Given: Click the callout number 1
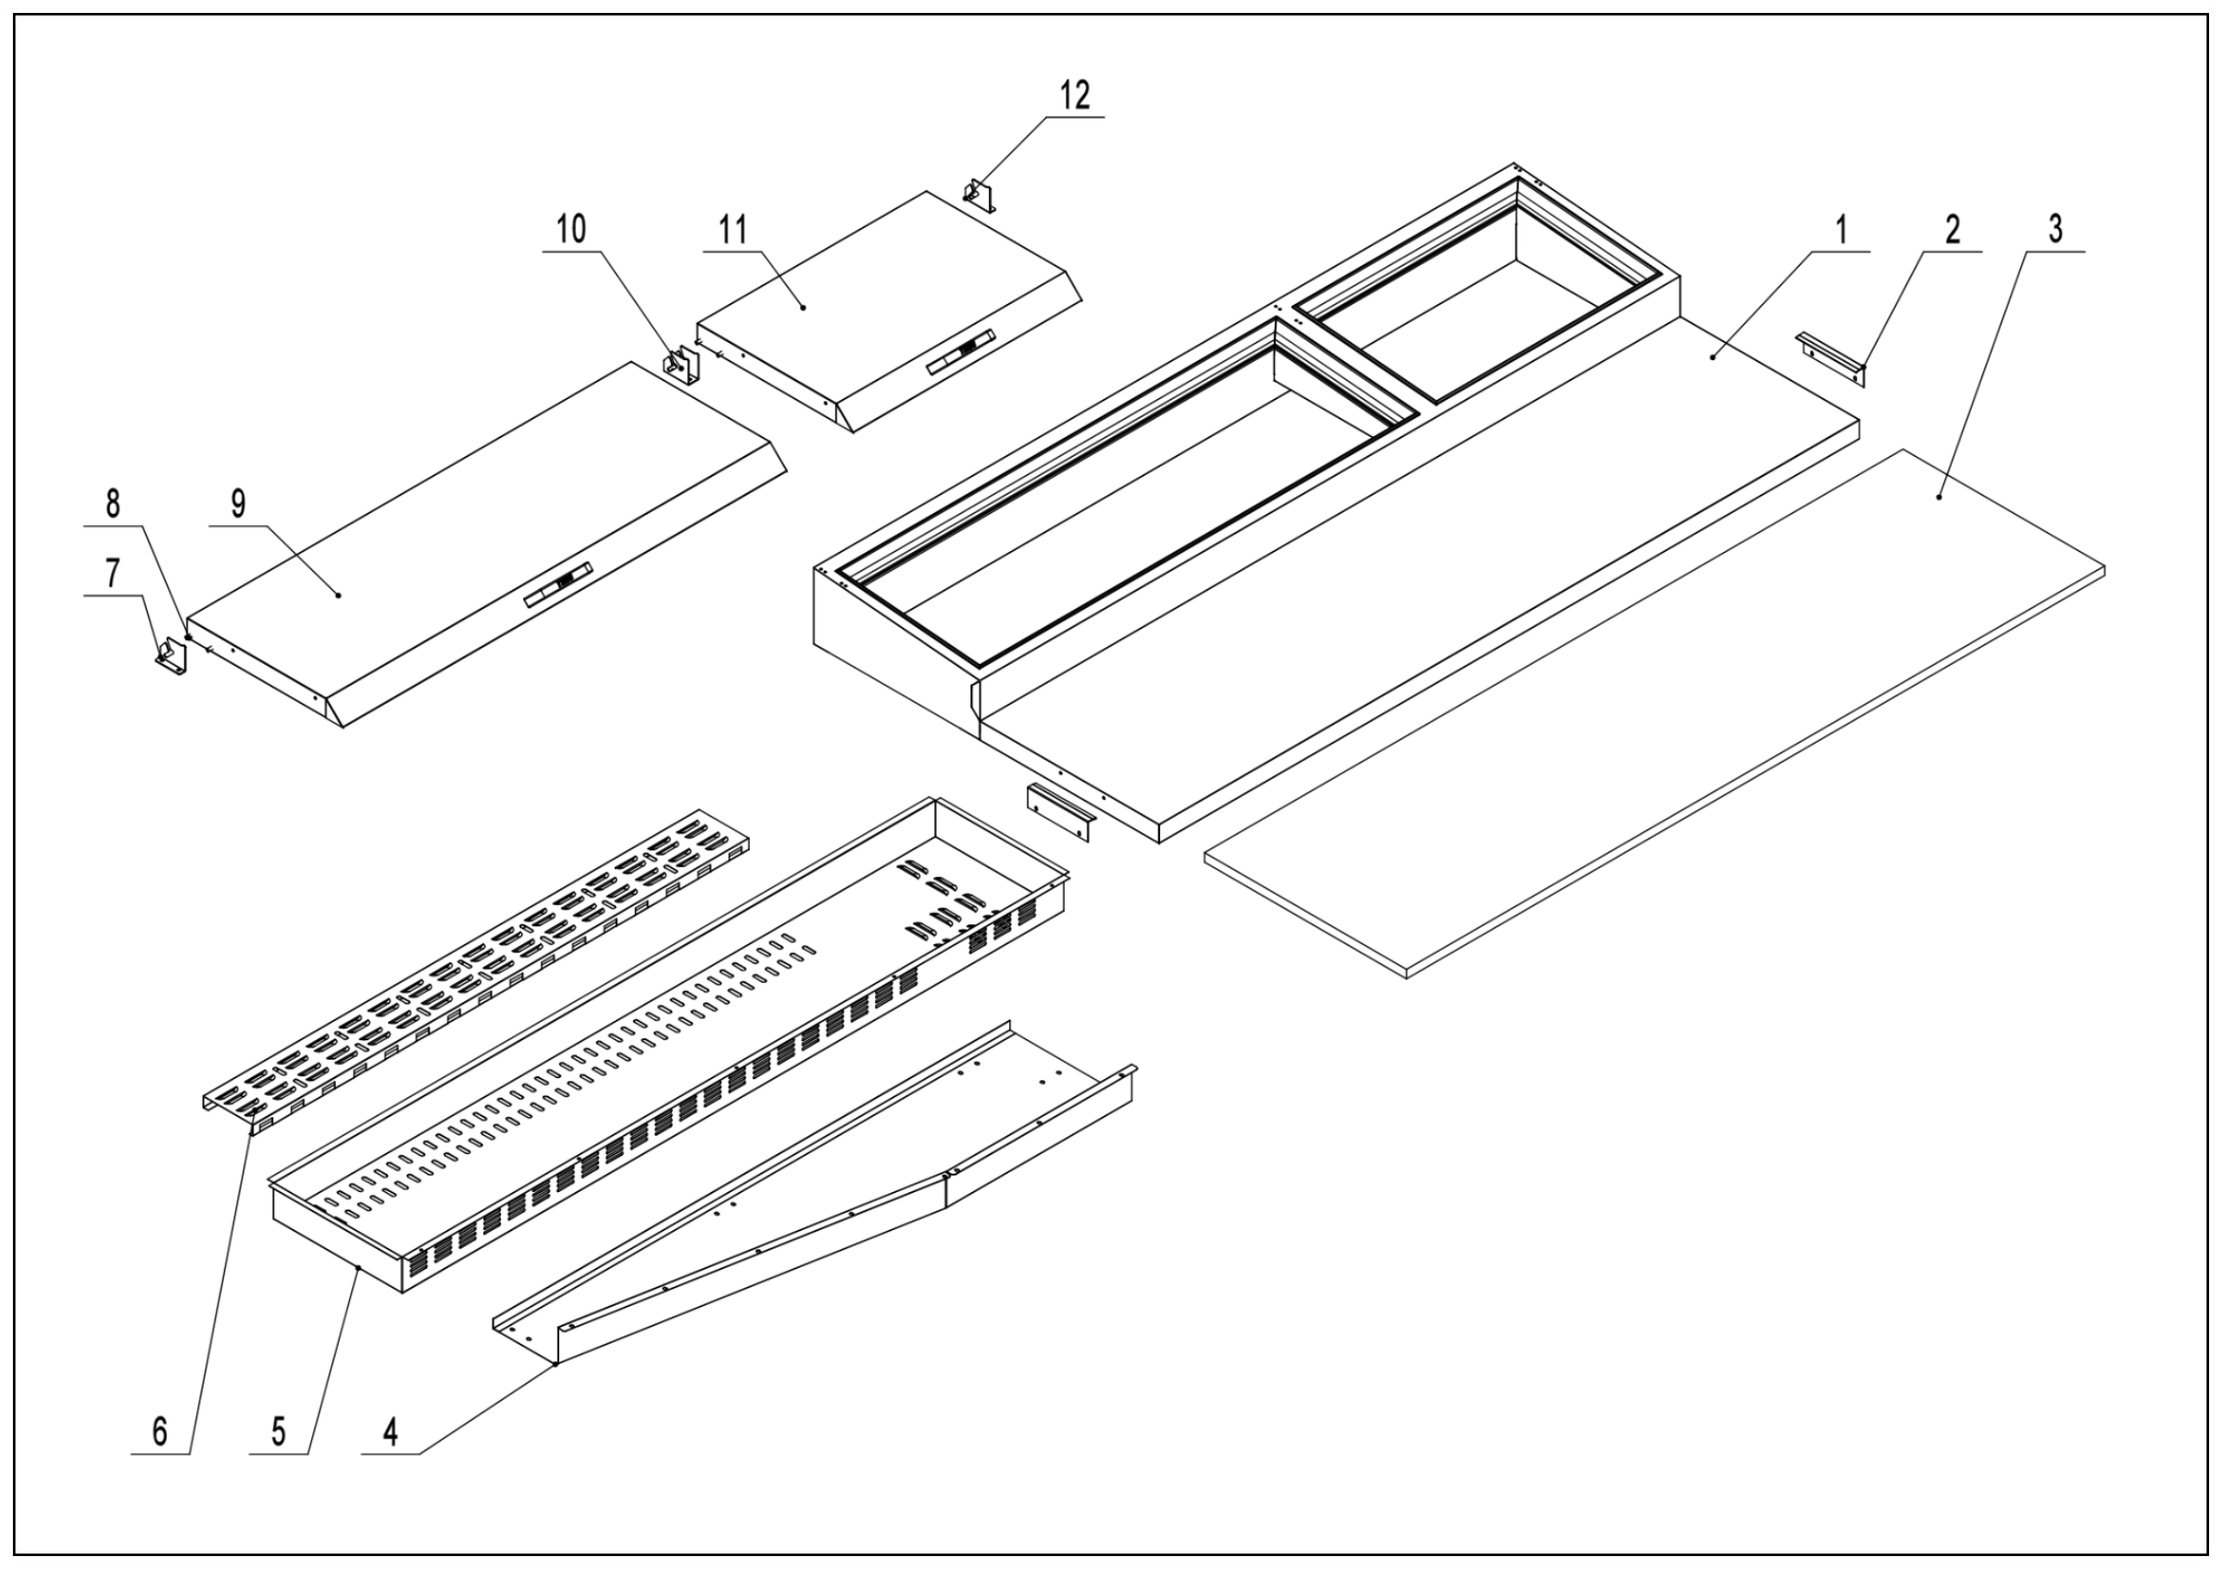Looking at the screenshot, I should pos(1841,231).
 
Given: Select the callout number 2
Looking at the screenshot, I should pos(1952,231).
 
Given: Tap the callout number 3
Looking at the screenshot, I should pos(2054,230).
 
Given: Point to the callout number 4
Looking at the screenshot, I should pos(390,1432).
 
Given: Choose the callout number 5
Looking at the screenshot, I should pos(279,1432).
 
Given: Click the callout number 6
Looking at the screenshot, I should pos(159,1432).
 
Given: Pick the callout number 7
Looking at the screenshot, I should pos(113,574).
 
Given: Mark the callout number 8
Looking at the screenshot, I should pos(113,504).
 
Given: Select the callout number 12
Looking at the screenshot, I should pos(1074,94).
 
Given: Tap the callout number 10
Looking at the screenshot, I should pos(571,230).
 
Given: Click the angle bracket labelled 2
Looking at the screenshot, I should pos(1829,357).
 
